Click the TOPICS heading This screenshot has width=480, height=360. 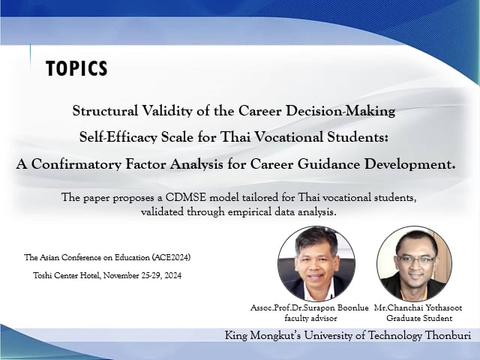point(76,68)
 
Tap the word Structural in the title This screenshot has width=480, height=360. point(105,110)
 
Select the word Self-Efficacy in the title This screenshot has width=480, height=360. point(118,136)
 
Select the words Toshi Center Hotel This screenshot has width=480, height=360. point(67,275)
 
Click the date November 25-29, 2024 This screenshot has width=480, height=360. point(142,276)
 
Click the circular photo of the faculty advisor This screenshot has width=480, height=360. point(316,263)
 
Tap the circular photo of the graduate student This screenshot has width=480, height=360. point(414,263)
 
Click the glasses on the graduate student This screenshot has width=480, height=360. point(415,260)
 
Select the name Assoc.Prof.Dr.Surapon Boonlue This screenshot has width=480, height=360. point(310,307)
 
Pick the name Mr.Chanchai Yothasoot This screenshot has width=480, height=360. point(418,307)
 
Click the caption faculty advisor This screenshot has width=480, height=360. point(310,318)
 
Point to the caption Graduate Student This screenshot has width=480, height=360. point(419,318)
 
